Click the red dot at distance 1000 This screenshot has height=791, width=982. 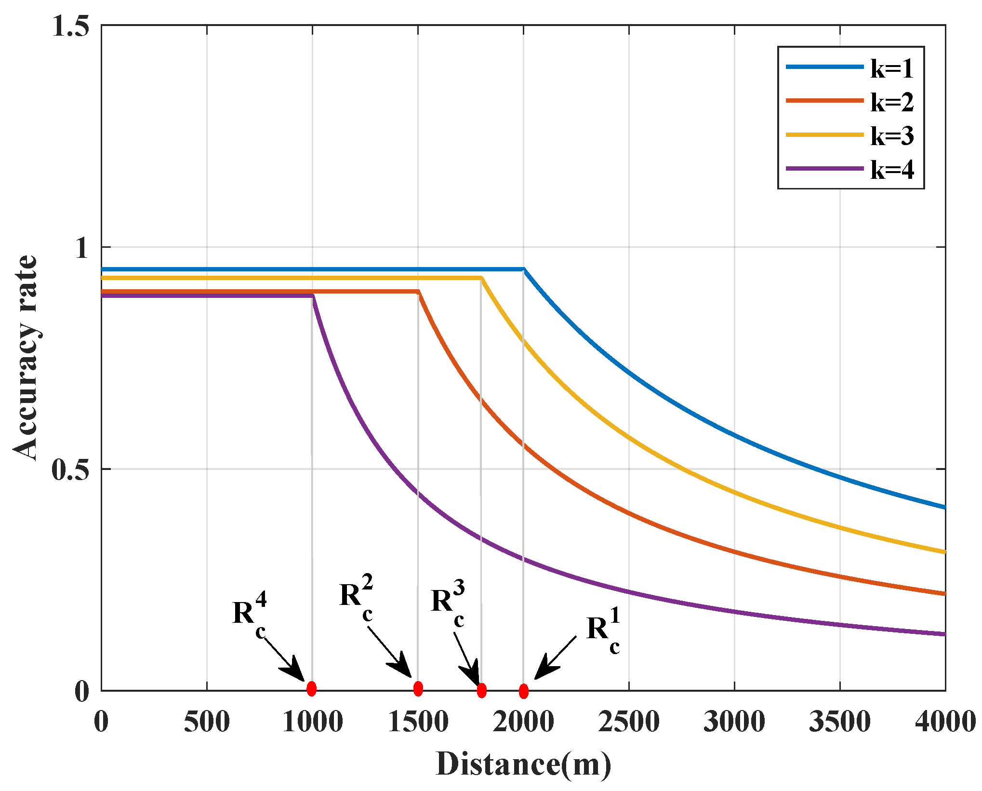click(x=311, y=689)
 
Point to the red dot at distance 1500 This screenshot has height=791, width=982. click(x=418, y=689)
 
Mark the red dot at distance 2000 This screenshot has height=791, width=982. click(x=524, y=691)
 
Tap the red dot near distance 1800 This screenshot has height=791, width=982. click(x=481, y=691)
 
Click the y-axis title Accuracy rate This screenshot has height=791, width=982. click(x=25, y=357)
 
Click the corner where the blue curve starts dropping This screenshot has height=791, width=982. click(x=524, y=269)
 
